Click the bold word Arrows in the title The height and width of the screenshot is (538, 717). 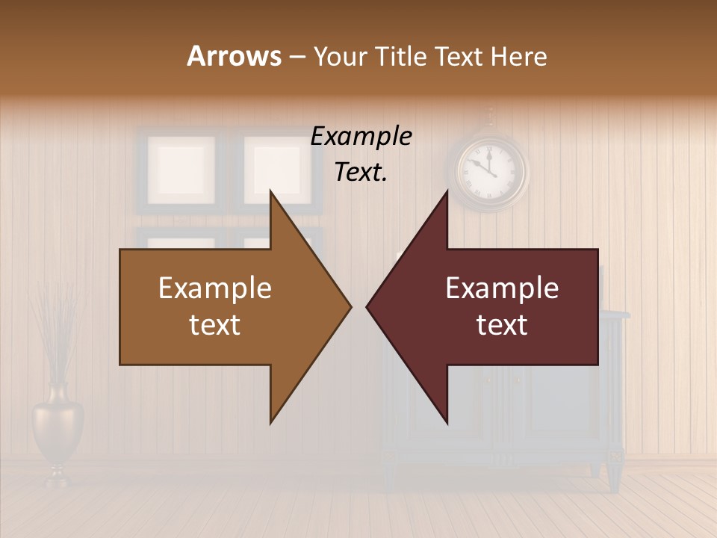[x=234, y=56]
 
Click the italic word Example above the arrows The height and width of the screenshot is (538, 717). [x=361, y=137]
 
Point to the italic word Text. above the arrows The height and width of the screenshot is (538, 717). [x=361, y=173]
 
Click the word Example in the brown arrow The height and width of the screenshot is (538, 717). [x=215, y=288]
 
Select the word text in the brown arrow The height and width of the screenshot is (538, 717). [x=215, y=325]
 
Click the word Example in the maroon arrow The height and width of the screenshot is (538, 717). [x=502, y=288]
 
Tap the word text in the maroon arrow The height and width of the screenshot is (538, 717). [x=502, y=325]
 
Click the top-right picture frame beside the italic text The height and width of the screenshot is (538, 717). [x=270, y=166]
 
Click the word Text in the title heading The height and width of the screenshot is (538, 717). [x=461, y=56]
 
